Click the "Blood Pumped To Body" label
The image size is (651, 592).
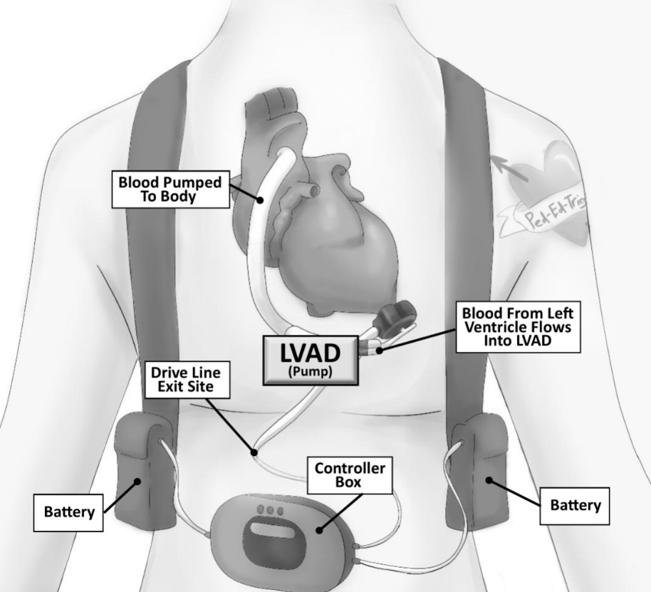click(170, 189)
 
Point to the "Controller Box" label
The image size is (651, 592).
click(350, 475)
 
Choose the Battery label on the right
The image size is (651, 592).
click(576, 505)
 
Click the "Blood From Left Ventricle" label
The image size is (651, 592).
click(517, 327)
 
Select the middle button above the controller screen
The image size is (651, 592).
click(270, 510)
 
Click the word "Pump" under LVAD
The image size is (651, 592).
click(310, 372)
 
